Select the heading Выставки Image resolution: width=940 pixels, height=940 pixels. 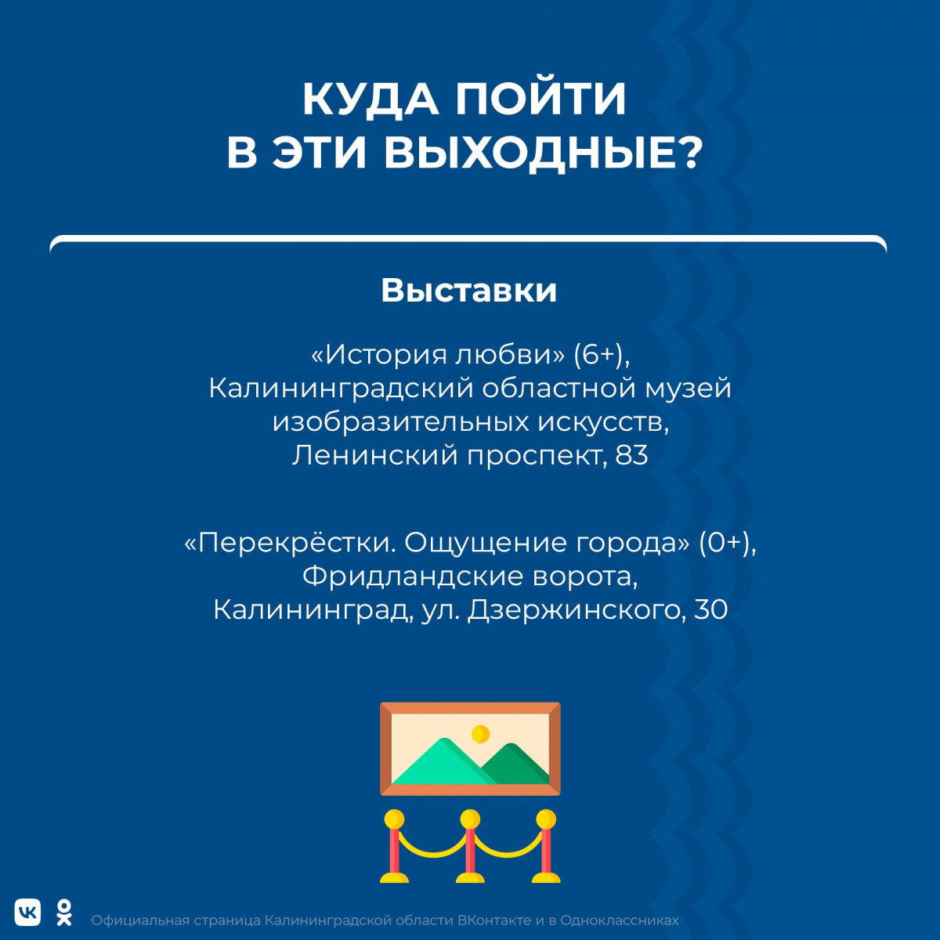468,291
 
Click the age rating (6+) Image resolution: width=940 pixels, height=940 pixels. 602,355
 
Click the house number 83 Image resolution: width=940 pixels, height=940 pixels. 631,455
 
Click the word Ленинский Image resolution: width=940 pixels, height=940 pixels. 375,455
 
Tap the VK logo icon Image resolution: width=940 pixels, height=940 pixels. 27,912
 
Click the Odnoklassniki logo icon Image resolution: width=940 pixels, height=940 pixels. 64,913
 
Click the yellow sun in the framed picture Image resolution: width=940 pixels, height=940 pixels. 480,733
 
